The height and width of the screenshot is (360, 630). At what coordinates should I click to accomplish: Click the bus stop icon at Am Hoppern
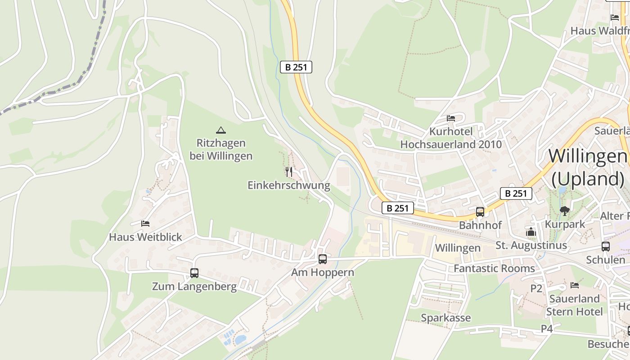[x=323, y=259]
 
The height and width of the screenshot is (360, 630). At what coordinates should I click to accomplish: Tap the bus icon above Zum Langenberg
[x=194, y=273]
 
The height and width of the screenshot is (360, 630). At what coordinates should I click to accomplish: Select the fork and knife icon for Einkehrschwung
[x=289, y=171]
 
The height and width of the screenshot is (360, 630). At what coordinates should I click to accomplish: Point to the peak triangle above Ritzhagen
[x=220, y=130]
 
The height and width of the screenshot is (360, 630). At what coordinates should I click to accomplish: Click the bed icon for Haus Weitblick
[x=145, y=223]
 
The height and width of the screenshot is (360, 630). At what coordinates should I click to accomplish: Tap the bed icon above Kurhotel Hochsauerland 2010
[x=451, y=118]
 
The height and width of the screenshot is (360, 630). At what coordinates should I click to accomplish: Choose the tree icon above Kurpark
[x=564, y=211]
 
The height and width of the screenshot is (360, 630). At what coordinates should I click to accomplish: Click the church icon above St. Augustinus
[x=531, y=232]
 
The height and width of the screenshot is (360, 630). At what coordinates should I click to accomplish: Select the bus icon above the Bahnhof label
[x=480, y=211]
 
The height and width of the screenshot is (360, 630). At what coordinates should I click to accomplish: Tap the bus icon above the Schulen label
[x=606, y=247]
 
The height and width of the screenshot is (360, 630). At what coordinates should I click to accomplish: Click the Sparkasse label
[x=445, y=318]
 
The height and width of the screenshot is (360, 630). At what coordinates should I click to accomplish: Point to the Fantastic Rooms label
[x=494, y=269]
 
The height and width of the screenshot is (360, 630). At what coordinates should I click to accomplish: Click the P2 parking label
[x=536, y=288]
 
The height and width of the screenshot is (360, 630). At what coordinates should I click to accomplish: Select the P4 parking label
[x=546, y=329]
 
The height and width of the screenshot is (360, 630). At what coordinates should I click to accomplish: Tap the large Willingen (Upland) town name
[x=588, y=167]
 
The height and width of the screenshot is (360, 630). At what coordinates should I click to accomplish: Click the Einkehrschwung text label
[x=289, y=185]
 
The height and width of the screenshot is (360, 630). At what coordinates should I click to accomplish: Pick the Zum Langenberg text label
[x=194, y=287]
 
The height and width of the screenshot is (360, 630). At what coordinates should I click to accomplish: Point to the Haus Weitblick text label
[x=145, y=237]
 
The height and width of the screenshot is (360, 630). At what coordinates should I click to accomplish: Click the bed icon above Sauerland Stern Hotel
[x=574, y=285]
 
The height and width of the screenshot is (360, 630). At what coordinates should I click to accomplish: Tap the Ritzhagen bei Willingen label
[x=221, y=149]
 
